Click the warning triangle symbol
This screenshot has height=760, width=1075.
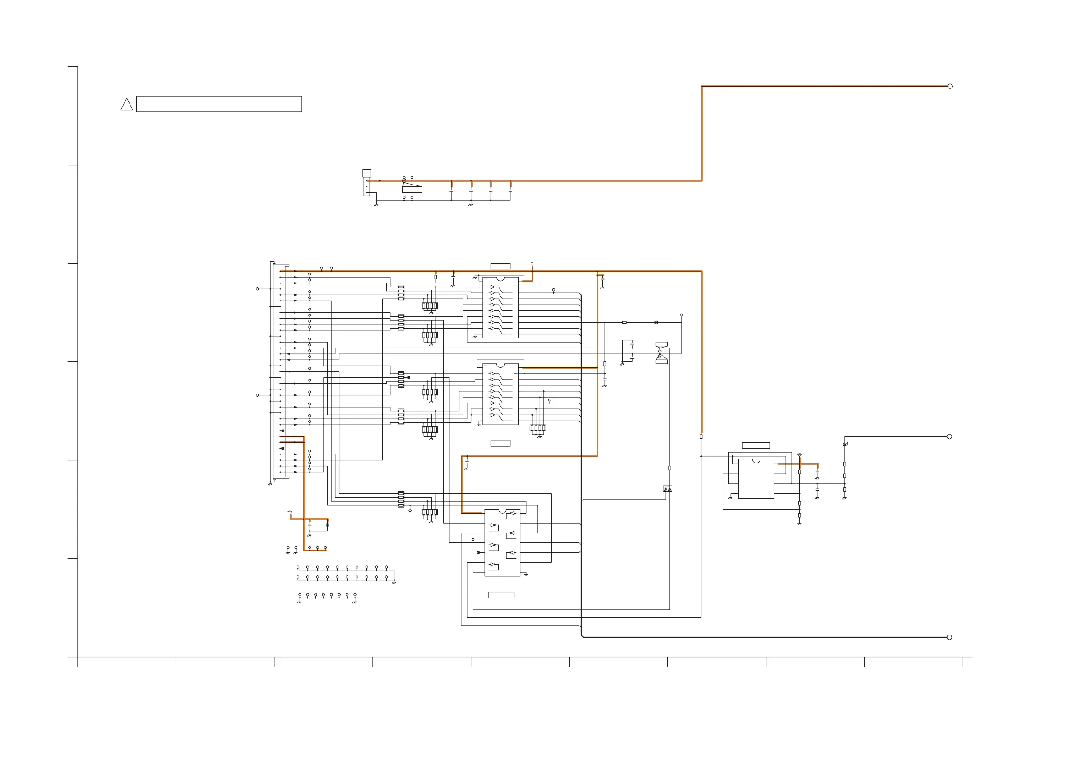click(126, 105)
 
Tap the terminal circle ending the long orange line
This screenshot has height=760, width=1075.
click(950, 86)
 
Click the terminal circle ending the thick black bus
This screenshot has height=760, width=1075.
click(949, 637)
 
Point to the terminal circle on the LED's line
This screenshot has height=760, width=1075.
click(949, 436)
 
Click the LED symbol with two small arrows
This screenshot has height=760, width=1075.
click(845, 444)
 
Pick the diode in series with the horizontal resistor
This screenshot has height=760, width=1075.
click(656, 322)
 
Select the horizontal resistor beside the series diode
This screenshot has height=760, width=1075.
click(624, 322)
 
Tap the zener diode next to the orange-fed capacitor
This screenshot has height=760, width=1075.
click(327, 525)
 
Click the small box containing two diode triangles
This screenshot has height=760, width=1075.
click(667, 488)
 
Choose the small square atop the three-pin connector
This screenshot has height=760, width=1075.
click(366, 173)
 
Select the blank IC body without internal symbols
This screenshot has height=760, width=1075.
click(755, 478)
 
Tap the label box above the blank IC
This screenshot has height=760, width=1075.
click(755, 445)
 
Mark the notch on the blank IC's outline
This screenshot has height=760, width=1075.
click(755, 461)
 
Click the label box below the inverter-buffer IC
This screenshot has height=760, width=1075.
click(501, 595)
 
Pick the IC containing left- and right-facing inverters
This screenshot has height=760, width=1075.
click(502, 542)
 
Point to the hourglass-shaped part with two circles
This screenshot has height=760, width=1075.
click(661, 353)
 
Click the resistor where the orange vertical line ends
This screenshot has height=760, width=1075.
click(701, 436)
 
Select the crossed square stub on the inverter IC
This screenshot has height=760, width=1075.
click(478, 552)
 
